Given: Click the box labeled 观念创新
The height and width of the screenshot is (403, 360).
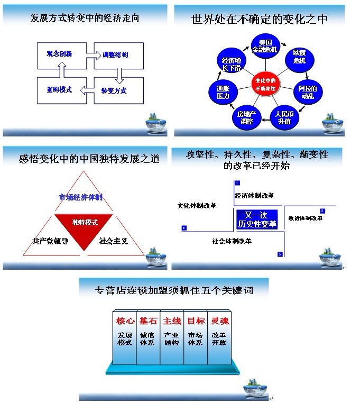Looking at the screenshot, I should [59, 54].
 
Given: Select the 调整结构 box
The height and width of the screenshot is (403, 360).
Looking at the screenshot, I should [114, 55].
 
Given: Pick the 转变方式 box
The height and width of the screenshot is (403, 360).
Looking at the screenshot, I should [114, 90].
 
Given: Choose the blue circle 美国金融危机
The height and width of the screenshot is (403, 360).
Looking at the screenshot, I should [265, 46].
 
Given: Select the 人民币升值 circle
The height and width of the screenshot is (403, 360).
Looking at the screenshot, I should [284, 117].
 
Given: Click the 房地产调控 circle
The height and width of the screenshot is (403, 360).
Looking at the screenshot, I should [246, 117].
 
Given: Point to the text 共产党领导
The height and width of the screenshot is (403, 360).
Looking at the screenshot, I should [50, 241].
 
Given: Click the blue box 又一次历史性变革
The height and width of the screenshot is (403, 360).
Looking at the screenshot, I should [257, 219].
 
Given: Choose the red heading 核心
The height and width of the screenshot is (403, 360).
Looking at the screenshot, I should [124, 321].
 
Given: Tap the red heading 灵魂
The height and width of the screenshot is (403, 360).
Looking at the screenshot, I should [219, 321].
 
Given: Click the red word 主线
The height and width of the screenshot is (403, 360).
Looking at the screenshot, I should [172, 321].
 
